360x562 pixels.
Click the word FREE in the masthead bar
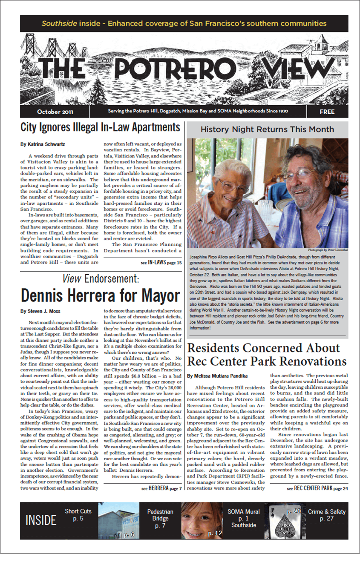click(x=327, y=112)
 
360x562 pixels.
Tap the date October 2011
click(x=55, y=112)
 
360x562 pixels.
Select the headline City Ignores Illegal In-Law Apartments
click(x=101, y=127)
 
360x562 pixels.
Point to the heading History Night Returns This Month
click(x=267, y=129)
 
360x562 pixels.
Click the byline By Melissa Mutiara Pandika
click(x=217, y=376)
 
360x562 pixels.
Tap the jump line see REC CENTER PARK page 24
click(x=317, y=488)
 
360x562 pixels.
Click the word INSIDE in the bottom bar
click(x=41, y=520)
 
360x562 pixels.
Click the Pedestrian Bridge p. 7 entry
click(x=160, y=519)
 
